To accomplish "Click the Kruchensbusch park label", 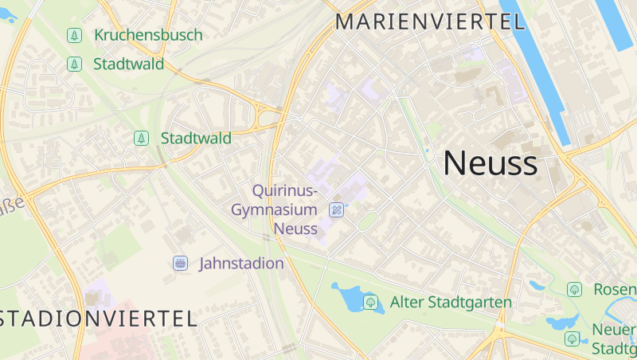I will click(148, 35).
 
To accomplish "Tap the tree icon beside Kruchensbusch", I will click(74, 35).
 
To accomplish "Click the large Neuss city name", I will click(490, 163).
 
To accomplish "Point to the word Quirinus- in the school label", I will click(285, 191).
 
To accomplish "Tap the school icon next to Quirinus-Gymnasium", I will click(337, 209).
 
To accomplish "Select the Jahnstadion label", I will click(241, 263).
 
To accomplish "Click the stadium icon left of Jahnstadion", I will click(181, 263).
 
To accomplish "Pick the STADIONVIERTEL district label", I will click(97, 319).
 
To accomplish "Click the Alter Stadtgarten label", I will click(451, 303).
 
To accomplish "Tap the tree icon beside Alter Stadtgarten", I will click(370, 302).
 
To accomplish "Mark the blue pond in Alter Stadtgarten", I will click(347, 298).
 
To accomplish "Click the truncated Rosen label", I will click(615, 289).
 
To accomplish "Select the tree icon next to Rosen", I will click(574, 289).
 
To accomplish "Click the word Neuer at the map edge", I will click(614, 331).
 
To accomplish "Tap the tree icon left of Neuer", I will click(572, 338).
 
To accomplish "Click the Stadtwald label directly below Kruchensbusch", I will click(129, 64).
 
